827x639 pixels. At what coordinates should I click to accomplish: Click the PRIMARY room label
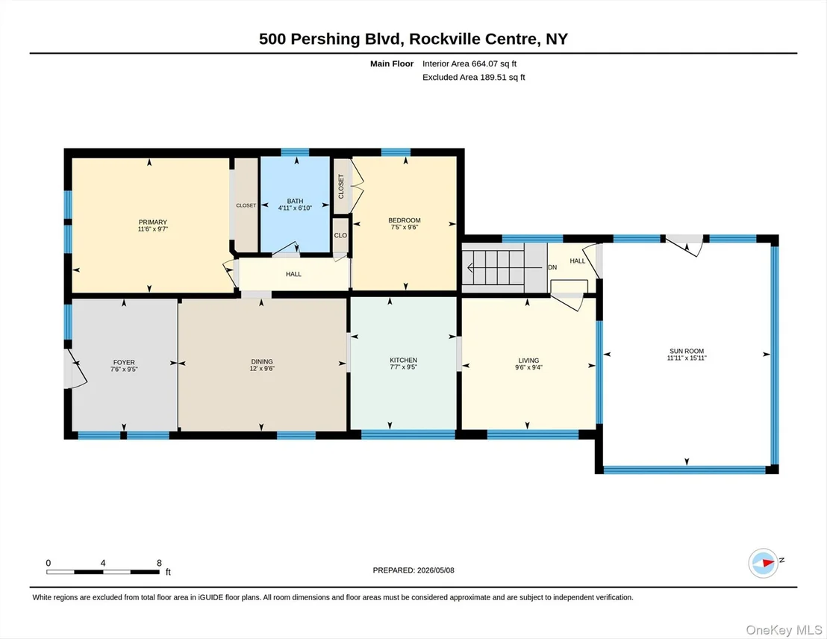[152, 222]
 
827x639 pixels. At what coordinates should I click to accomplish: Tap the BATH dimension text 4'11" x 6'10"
[295, 208]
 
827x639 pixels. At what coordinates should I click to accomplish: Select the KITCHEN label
[404, 360]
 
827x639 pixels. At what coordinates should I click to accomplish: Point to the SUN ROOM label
[687, 351]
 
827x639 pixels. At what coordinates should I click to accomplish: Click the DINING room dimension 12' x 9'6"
[261, 369]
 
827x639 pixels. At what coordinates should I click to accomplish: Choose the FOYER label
[124, 363]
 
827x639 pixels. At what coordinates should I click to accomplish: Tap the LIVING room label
[528, 361]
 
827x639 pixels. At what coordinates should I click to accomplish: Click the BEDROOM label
[405, 220]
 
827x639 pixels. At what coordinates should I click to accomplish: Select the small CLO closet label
[340, 235]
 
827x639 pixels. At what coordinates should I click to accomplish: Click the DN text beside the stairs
[552, 267]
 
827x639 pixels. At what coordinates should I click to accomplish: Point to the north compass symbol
[764, 563]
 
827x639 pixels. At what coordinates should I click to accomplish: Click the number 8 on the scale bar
[159, 563]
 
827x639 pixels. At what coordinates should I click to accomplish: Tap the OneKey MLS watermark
[784, 630]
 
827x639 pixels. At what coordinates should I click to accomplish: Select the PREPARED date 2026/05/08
[436, 570]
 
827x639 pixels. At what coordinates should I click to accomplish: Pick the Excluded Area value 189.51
[493, 77]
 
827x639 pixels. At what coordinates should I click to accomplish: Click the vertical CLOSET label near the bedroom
[341, 187]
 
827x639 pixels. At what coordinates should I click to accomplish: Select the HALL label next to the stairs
[578, 261]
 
